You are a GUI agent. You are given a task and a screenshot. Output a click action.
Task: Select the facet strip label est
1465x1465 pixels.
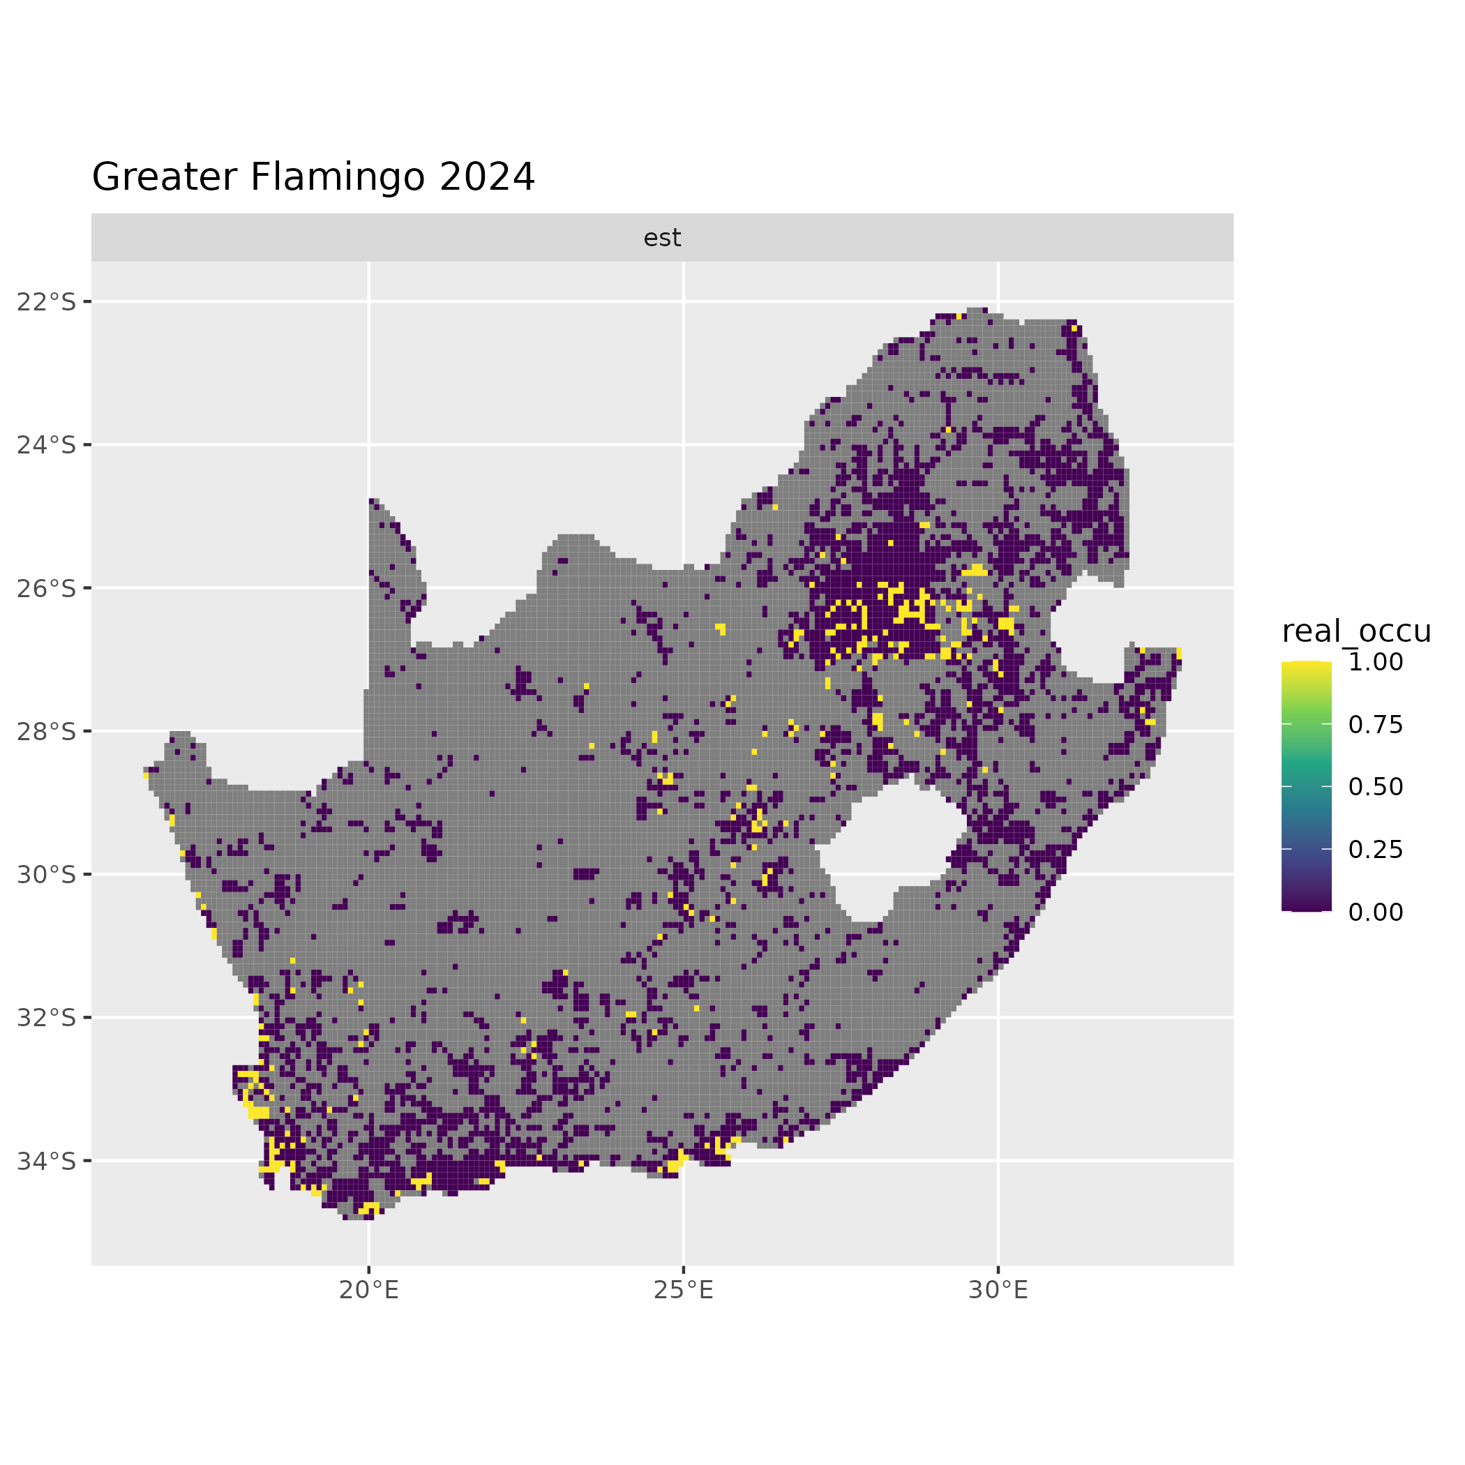(x=662, y=238)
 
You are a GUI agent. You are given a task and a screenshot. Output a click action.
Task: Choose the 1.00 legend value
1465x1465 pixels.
(x=1376, y=663)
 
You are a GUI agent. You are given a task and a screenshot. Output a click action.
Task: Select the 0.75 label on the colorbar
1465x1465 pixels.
(x=1376, y=725)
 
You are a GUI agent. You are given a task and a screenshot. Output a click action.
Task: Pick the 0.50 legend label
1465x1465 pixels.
(x=1376, y=787)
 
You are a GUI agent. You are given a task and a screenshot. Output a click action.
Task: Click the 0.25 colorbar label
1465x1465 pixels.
(x=1376, y=850)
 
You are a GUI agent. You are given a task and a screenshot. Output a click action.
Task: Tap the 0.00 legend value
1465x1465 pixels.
(x=1376, y=912)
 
